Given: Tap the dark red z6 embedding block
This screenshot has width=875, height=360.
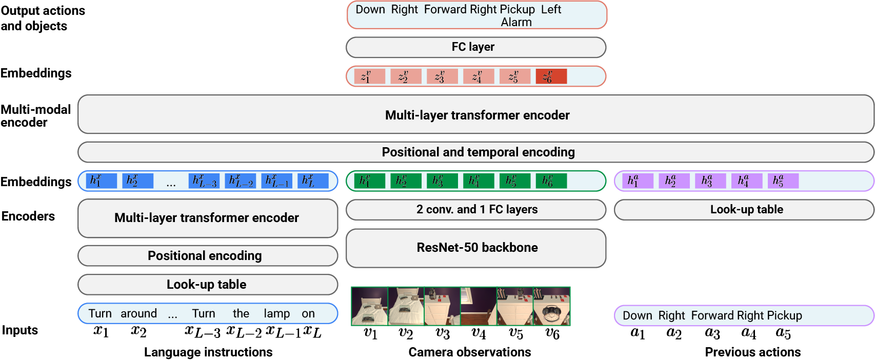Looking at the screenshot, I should [x=551, y=76].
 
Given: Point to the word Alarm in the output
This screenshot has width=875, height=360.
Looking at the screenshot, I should [x=516, y=23].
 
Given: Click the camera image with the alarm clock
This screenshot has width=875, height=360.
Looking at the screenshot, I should [x=551, y=306].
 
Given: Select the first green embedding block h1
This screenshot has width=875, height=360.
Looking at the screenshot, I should [x=369, y=181].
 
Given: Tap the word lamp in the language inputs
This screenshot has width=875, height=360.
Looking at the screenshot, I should [x=276, y=314].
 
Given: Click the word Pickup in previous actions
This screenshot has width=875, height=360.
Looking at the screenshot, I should [x=784, y=316].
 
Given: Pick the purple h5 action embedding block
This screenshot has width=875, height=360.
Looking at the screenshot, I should [x=783, y=181].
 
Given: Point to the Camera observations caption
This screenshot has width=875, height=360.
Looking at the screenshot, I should [x=469, y=352].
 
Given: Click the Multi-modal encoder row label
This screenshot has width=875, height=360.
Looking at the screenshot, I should [x=35, y=116].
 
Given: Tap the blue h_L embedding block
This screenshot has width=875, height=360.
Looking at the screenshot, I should [x=313, y=181].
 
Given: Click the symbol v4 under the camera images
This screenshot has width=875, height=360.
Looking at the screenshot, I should [x=479, y=334].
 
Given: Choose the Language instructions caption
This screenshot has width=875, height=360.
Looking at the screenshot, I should [x=208, y=352].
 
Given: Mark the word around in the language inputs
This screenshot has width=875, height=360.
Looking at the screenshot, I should [x=138, y=314].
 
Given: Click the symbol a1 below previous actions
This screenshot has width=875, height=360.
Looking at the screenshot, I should [x=638, y=334].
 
